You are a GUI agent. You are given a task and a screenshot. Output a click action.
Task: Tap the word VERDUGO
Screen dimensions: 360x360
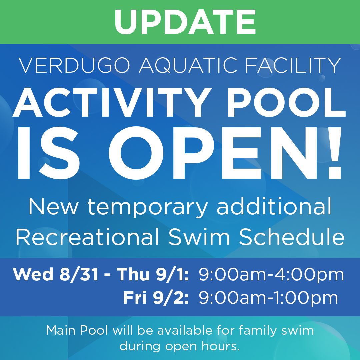[x=74, y=65]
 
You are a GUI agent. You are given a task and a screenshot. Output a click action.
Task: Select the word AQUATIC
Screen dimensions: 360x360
[x=188, y=65]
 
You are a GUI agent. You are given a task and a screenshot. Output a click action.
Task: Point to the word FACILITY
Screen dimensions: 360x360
[x=293, y=65]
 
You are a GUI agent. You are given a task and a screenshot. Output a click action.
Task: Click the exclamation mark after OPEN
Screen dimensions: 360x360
[x=335, y=153]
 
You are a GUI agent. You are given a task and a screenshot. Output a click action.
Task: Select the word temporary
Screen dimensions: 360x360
[x=148, y=207]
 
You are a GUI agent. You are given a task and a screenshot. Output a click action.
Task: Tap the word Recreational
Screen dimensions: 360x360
[x=87, y=237]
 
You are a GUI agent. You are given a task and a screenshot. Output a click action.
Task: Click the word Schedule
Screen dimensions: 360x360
[x=292, y=237]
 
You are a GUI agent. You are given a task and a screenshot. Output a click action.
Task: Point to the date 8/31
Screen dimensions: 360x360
[x=79, y=274]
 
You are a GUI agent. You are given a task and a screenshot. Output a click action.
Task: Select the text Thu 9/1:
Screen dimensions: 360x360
[x=153, y=274]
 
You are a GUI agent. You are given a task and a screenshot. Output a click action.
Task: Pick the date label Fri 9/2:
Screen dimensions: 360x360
[x=156, y=298]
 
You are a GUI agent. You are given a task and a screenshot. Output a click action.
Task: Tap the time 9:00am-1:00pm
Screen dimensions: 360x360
[x=268, y=298]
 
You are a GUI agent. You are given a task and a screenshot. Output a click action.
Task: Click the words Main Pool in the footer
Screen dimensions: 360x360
[x=77, y=331]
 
